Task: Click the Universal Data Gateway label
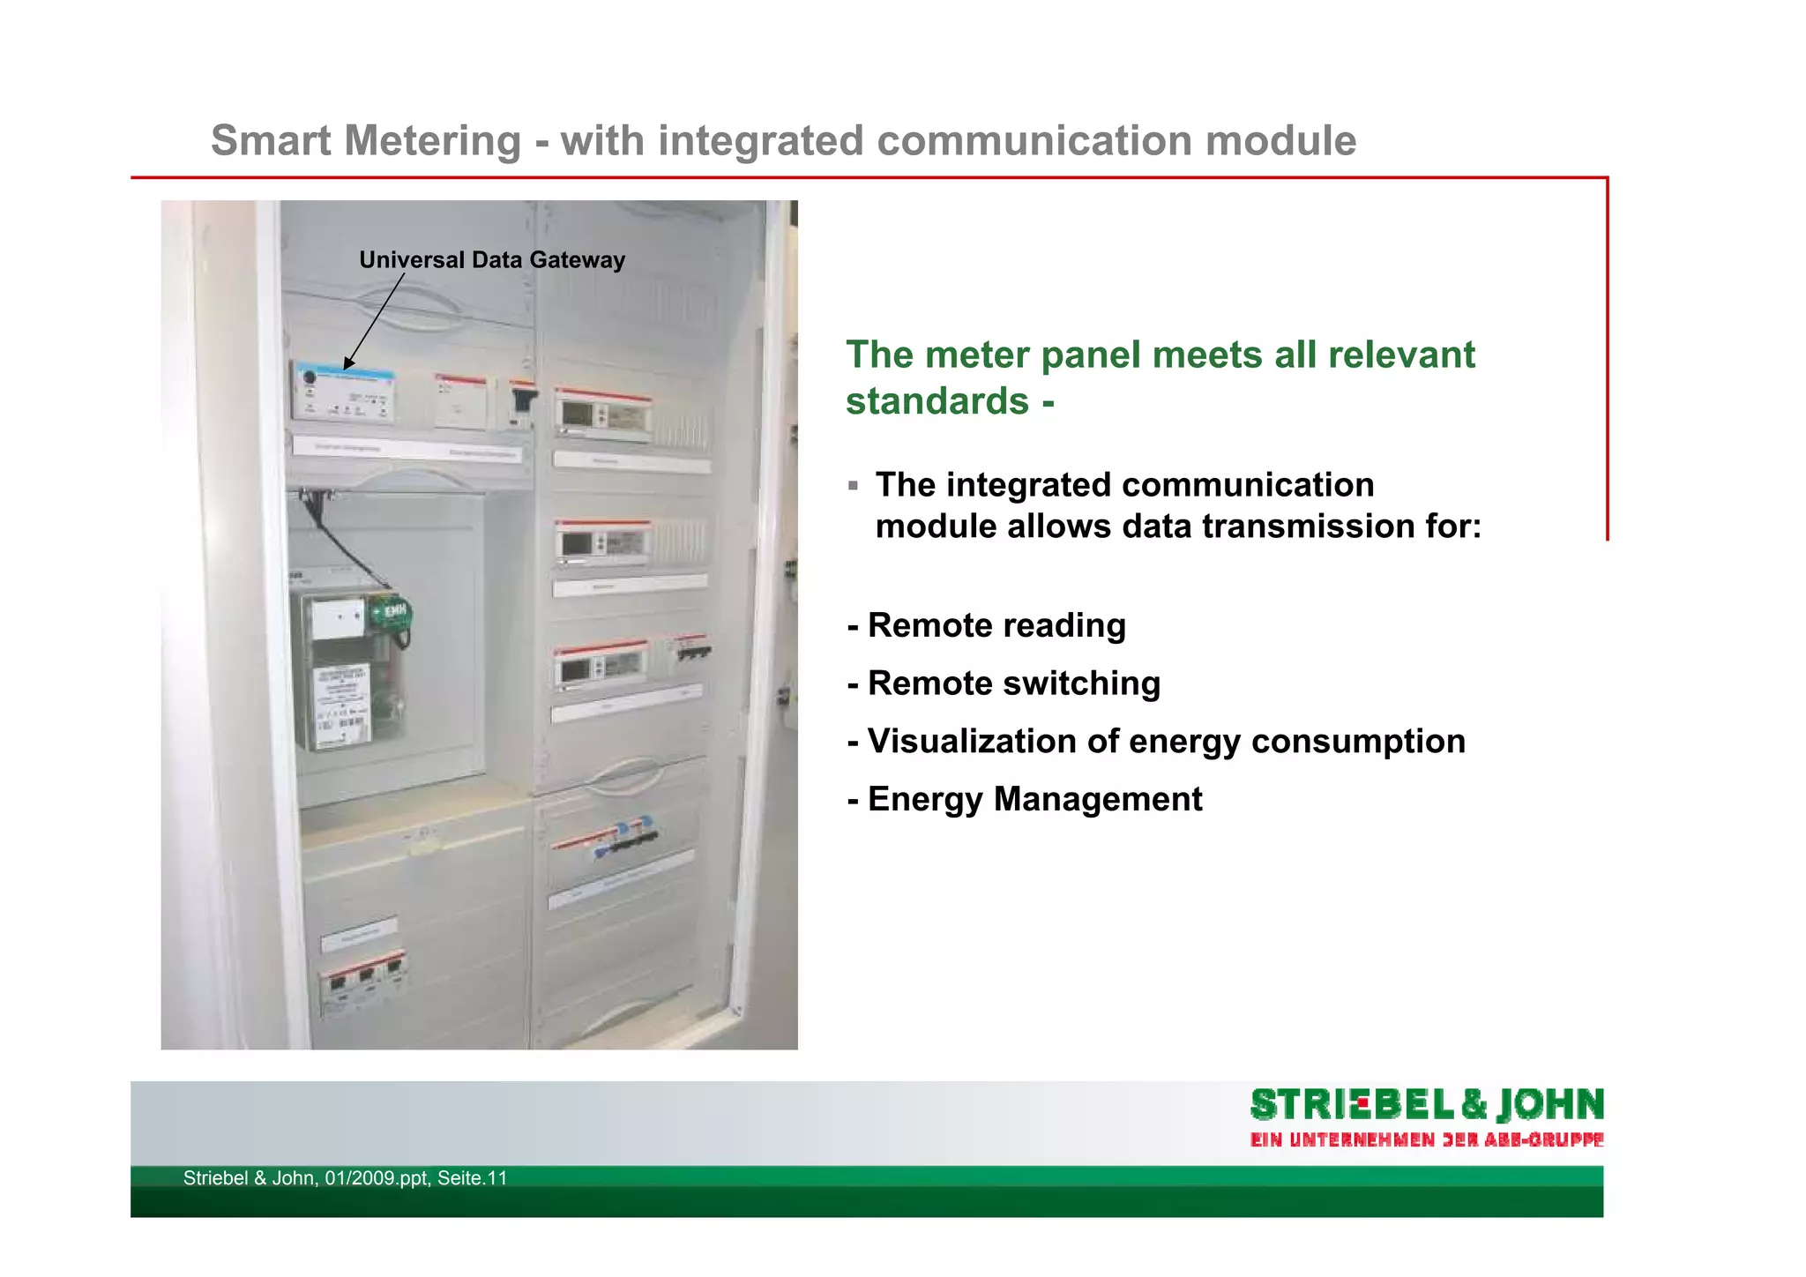491,260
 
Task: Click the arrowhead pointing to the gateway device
348,362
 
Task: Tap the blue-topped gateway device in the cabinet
344,391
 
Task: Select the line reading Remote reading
986,625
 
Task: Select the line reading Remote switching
1004,683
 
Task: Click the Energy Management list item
1024,799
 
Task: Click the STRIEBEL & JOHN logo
1426,1105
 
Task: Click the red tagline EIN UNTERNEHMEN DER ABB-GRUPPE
1426,1139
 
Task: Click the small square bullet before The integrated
853,486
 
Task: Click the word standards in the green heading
937,401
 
